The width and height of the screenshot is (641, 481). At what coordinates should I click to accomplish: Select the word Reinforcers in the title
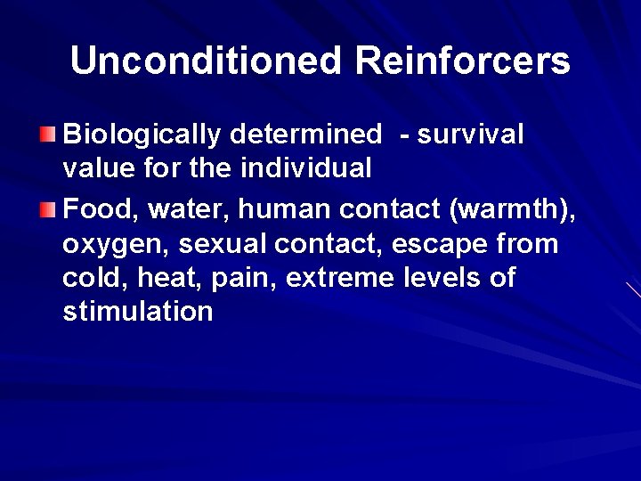click(x=462, y=61)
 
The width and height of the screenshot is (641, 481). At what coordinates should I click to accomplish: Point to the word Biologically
click(x=142, y=135)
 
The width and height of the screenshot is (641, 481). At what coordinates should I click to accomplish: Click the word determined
click(x=304, y=135)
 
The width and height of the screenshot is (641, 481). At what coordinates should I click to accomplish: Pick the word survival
click(x=471, y=135)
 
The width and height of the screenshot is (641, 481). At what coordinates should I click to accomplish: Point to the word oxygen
click(x=116, y=244)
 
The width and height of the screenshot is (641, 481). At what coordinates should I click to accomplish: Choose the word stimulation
click(x=138, y=311)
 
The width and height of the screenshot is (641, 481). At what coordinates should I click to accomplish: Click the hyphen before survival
click(x=406, y=135)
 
